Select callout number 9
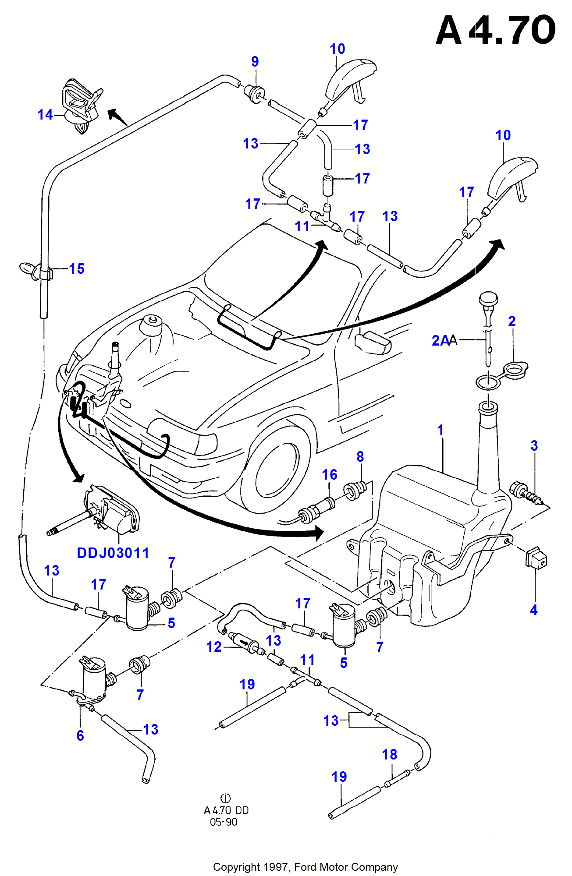pos(255,62)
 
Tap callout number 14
pos(45,115)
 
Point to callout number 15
pos(77,269)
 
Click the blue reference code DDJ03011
pos(113,553)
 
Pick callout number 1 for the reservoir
pos(441,430)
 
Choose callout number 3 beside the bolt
pos(534,446)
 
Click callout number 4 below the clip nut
pos(533,610)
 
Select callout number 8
pos(360,457)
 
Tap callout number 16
pos(330,475)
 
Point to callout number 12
pos(214,647)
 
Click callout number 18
pos(389,754)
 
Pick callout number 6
pos(80,735)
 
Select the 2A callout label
pos(441,340)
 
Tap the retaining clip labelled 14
pos(81,105)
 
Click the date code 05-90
pos(224,822)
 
